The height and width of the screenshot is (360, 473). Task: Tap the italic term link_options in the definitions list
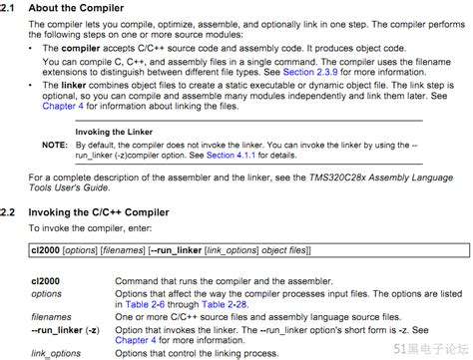54,353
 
